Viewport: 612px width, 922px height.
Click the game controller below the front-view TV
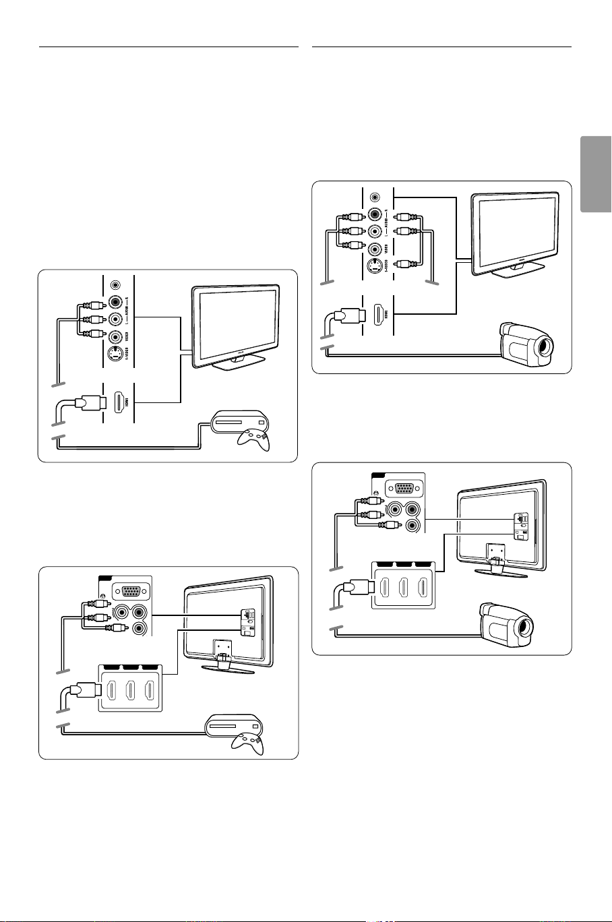pos(251,439)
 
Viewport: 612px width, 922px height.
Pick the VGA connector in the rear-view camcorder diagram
pos(403,489)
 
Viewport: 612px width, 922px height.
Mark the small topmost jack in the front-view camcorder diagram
pos(376,198)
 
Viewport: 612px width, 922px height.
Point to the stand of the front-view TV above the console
pos(233,362)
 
